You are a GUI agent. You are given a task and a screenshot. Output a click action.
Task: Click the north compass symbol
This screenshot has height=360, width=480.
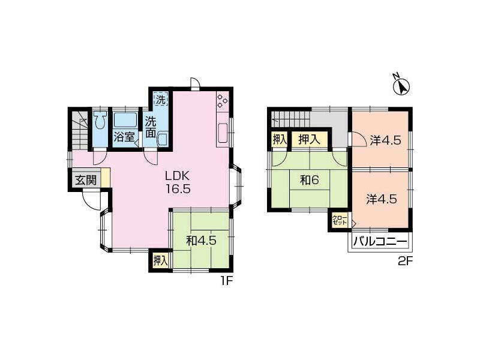[401, 86]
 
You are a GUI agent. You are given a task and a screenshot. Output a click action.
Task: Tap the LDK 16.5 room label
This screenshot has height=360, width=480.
[178, 182]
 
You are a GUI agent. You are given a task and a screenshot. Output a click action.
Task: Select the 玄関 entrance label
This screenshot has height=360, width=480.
[86, 181]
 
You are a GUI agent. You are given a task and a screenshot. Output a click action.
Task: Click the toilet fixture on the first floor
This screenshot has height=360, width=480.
[100, 121]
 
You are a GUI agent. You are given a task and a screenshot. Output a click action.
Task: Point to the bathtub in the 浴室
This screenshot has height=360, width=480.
[125, 119]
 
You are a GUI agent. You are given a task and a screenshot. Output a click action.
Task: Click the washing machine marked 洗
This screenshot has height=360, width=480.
[160, 99]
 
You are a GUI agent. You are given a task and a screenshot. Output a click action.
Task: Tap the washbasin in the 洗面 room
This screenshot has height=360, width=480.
[161, 140]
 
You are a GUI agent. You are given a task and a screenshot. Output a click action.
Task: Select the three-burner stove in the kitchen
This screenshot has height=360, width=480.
[222, 101]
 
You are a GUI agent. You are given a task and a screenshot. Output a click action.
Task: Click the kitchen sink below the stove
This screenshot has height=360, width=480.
[222, 133]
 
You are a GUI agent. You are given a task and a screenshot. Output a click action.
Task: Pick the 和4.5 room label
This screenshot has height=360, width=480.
[202, 241]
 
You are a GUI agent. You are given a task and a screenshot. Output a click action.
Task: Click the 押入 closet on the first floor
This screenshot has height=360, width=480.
[161, 260]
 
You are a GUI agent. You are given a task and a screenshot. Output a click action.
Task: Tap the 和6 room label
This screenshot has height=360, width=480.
[310, 180]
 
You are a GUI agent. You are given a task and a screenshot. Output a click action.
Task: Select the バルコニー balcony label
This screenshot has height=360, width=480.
[380, 242]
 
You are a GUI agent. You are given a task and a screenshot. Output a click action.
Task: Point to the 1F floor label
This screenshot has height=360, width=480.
[227, 281]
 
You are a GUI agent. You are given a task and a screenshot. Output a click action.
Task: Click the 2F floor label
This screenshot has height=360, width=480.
[406, 262]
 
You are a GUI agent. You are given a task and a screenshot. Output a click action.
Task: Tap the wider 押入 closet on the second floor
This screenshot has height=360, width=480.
[309, 140]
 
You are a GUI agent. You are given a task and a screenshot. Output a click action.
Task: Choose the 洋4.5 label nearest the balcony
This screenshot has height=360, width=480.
[382, 199]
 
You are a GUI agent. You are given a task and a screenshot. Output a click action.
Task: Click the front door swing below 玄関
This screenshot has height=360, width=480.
[92, 200]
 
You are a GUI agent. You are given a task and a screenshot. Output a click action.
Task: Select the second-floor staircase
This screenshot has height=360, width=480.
[290, 118]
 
